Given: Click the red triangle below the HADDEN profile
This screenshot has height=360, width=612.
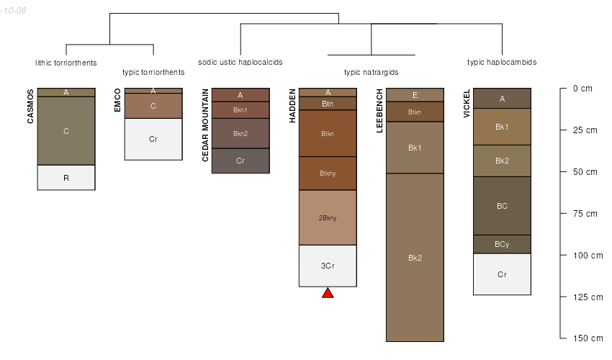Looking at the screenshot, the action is (328, 293).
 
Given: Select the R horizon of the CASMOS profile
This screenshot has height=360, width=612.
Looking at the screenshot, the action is (66, 178).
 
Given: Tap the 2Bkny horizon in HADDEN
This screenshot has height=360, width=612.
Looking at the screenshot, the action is (328, 217).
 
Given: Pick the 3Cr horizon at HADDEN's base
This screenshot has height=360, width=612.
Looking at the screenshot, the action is (328, 266).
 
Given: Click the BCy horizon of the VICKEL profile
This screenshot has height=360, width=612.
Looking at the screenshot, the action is (502, 244).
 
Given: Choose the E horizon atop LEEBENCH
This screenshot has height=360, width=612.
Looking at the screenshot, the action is (415, 95).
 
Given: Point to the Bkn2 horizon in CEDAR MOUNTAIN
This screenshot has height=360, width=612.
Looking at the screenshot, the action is (240, 133).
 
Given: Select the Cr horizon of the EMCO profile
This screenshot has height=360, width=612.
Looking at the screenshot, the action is (153, 139).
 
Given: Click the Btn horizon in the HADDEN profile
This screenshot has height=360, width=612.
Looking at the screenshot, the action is (328, 104).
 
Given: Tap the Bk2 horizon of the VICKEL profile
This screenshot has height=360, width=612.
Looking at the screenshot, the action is (502, 161).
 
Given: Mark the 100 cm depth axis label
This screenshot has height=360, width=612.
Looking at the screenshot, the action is (588, 256).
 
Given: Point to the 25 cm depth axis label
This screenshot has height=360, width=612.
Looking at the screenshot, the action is (585, 130).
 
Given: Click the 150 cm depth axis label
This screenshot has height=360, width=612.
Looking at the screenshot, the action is (588, 338).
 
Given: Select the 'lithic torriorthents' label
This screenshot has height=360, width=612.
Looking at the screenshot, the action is (66, 63).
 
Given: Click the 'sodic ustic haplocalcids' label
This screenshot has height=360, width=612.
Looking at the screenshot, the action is (240, 62).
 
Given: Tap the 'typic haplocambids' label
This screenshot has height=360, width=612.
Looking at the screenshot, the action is (502, 62).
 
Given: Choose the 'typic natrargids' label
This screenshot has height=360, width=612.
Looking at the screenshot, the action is (372, 72).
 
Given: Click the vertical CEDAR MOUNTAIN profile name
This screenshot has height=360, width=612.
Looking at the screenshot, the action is (205, 125).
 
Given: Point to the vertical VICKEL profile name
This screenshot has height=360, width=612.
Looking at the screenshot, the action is (467, 103).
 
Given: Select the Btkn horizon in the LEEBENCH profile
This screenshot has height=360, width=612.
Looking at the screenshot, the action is (415, 112).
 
